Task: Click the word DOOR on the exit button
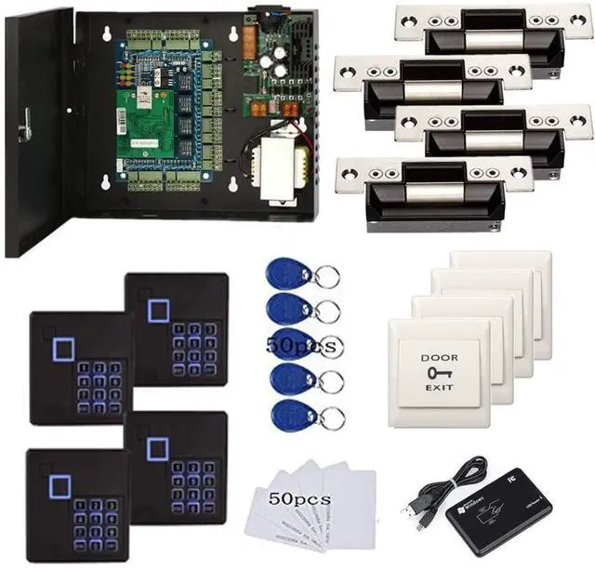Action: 439,358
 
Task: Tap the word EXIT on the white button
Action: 439,387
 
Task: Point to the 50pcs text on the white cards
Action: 299,499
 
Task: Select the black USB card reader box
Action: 497,511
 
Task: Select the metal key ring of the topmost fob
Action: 326,276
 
